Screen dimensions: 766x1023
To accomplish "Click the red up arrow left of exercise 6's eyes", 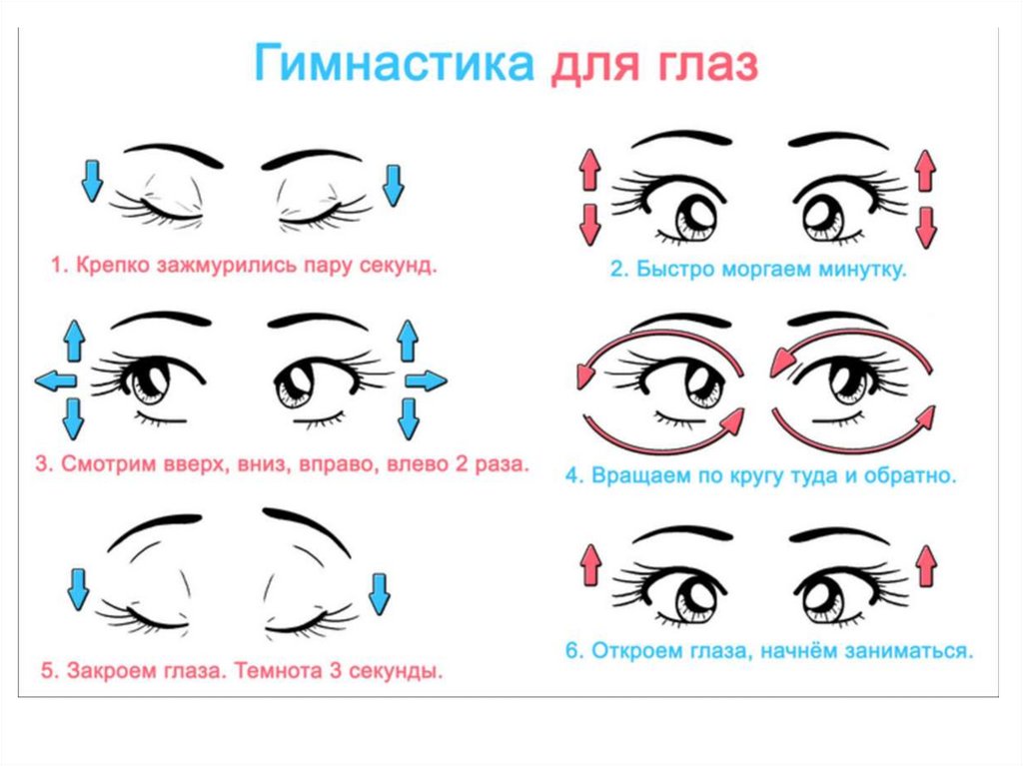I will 589,566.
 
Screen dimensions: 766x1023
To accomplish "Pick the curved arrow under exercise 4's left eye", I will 659,430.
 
